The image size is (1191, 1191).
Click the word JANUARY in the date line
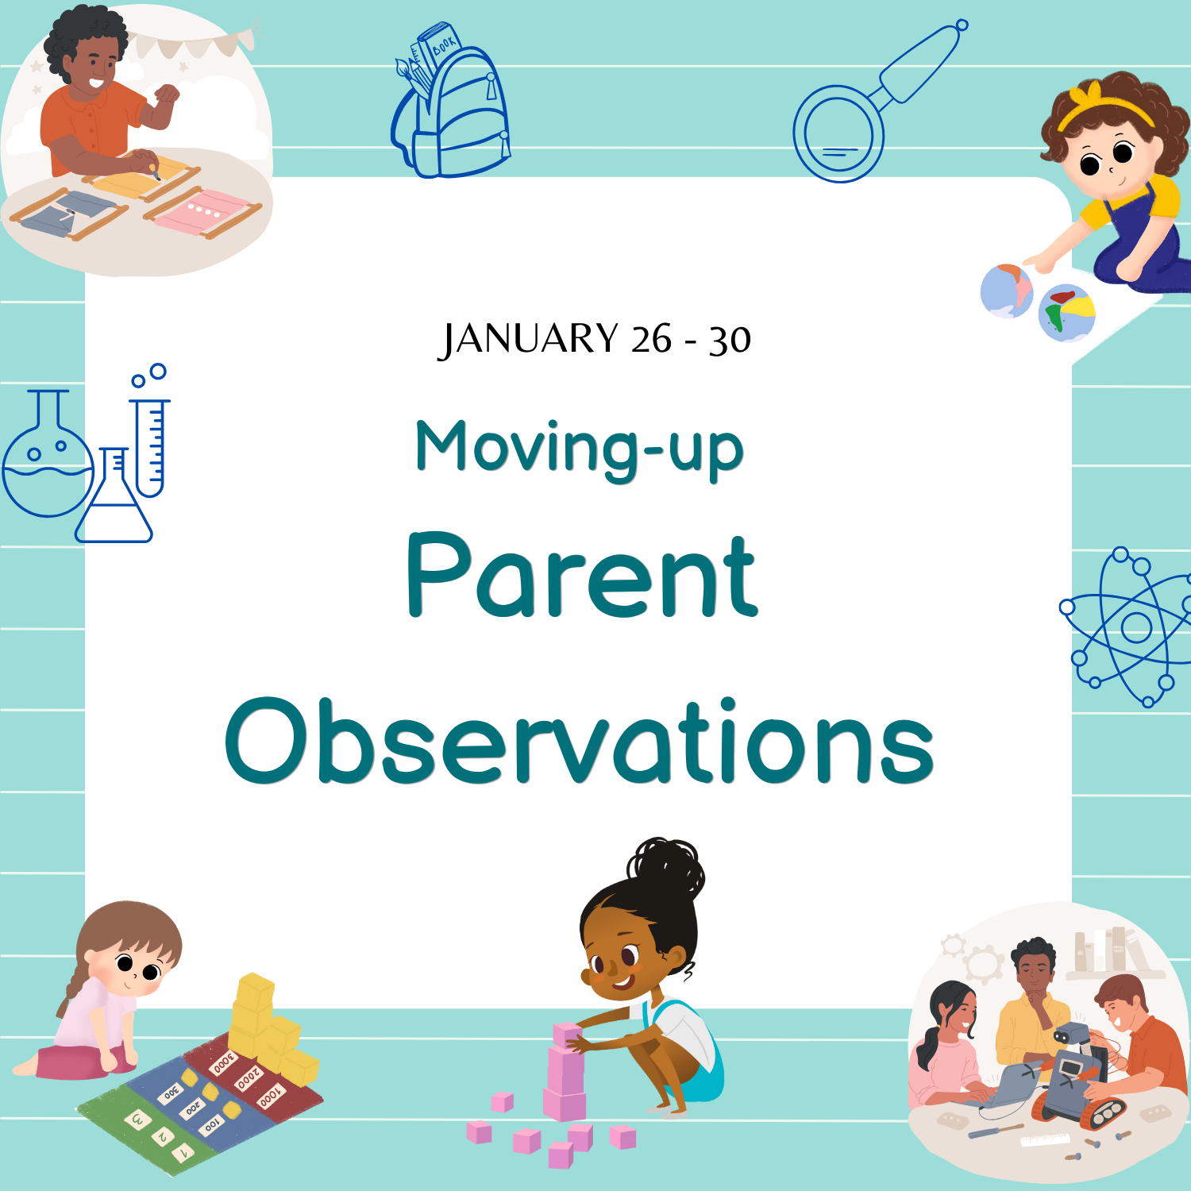(528, 339)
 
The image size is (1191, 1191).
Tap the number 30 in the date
(730, 340)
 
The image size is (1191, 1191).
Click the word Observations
(580, 741)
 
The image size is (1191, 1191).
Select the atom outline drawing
(1127, 627)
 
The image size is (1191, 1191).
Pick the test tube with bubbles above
(150, 433)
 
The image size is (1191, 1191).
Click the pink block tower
(565, 1072)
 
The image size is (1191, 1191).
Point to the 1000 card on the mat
(270, 1097)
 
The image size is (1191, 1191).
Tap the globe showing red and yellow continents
(1067, 313)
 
